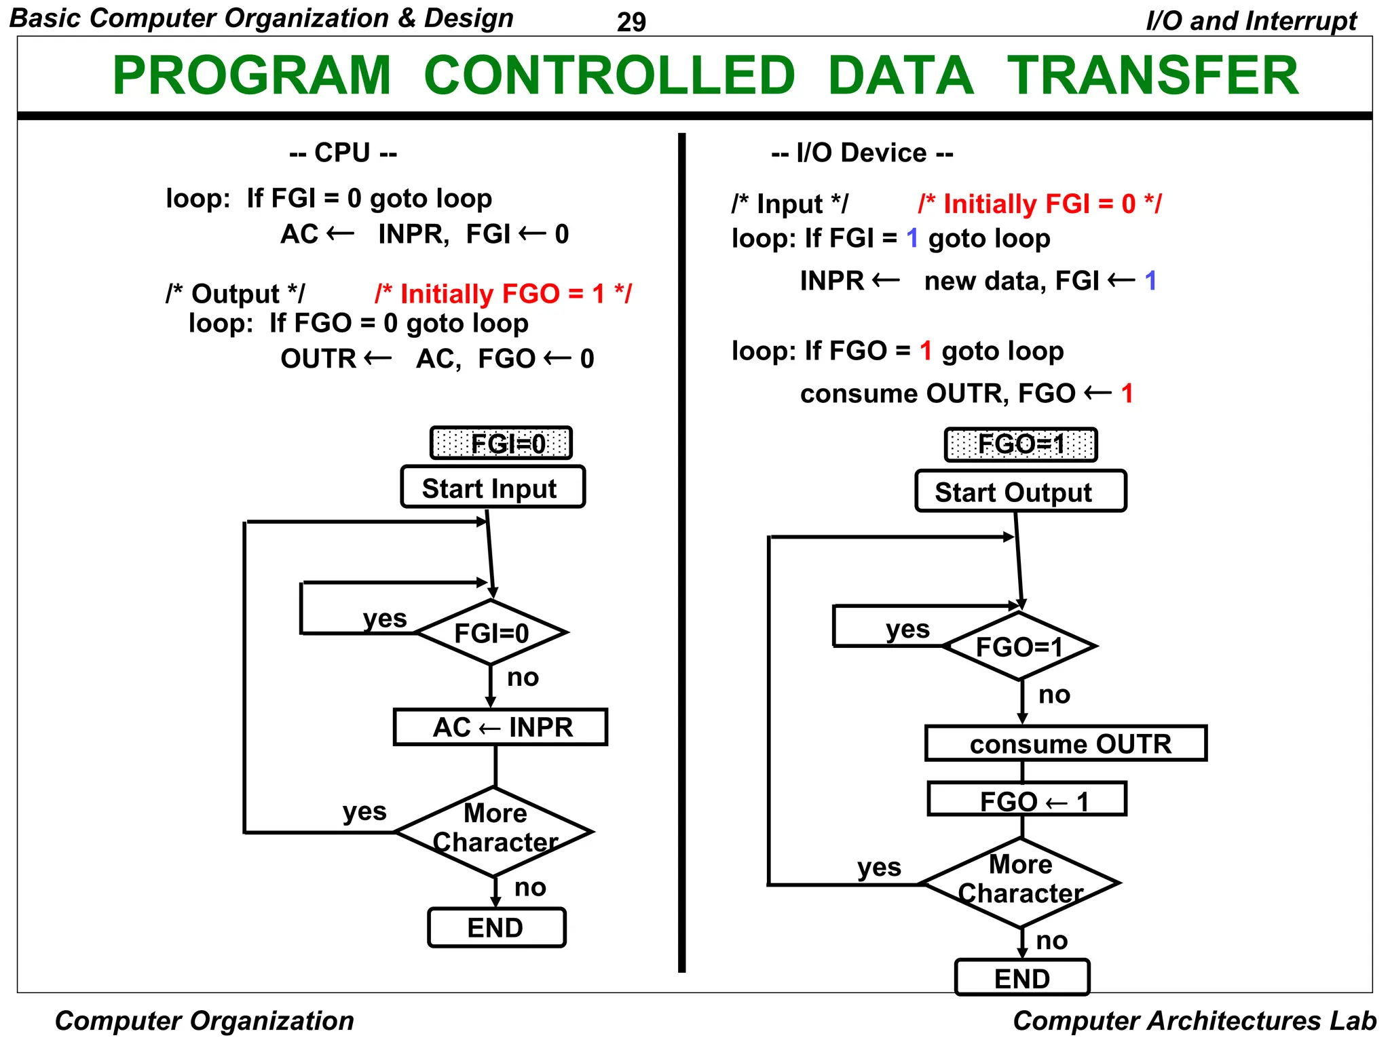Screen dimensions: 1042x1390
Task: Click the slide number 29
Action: [x=631, y=22]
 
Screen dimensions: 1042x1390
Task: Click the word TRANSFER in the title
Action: [x=1152, y=75]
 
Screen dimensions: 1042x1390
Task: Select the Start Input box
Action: [x=492, y=488]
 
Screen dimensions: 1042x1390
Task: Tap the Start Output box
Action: [x=1019, y=492]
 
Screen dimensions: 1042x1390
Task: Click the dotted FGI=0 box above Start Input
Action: [x=501, y=444]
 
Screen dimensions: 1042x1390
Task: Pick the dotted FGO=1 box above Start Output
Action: [x=1020, y=445]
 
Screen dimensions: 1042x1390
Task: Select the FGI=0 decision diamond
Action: [x=491, y=633]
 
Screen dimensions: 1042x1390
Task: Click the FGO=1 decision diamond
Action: [x=1019, y=647]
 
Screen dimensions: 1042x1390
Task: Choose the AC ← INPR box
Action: [x=500, y=727]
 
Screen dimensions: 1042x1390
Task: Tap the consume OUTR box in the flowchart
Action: [x=1066, y=744]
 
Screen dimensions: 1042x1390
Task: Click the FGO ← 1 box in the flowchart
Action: [x=1027, y=800]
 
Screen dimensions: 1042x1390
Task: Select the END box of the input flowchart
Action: [x=496, y=927]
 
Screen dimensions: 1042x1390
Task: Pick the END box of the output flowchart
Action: [x=1022, y=978]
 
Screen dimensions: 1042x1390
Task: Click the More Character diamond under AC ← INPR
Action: [x=495, y=830]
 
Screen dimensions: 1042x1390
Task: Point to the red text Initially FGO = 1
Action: [x=503, y=294]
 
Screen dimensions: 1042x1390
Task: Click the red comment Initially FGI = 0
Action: [x=1039, y=204]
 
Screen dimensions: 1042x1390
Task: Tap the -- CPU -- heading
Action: [x=343, y=153]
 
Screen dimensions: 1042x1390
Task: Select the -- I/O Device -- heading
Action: [x=862, y=153]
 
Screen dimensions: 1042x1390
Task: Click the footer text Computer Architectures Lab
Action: [x=1194, y=1020]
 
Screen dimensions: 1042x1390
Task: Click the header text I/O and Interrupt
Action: [x=1251, y=21]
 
